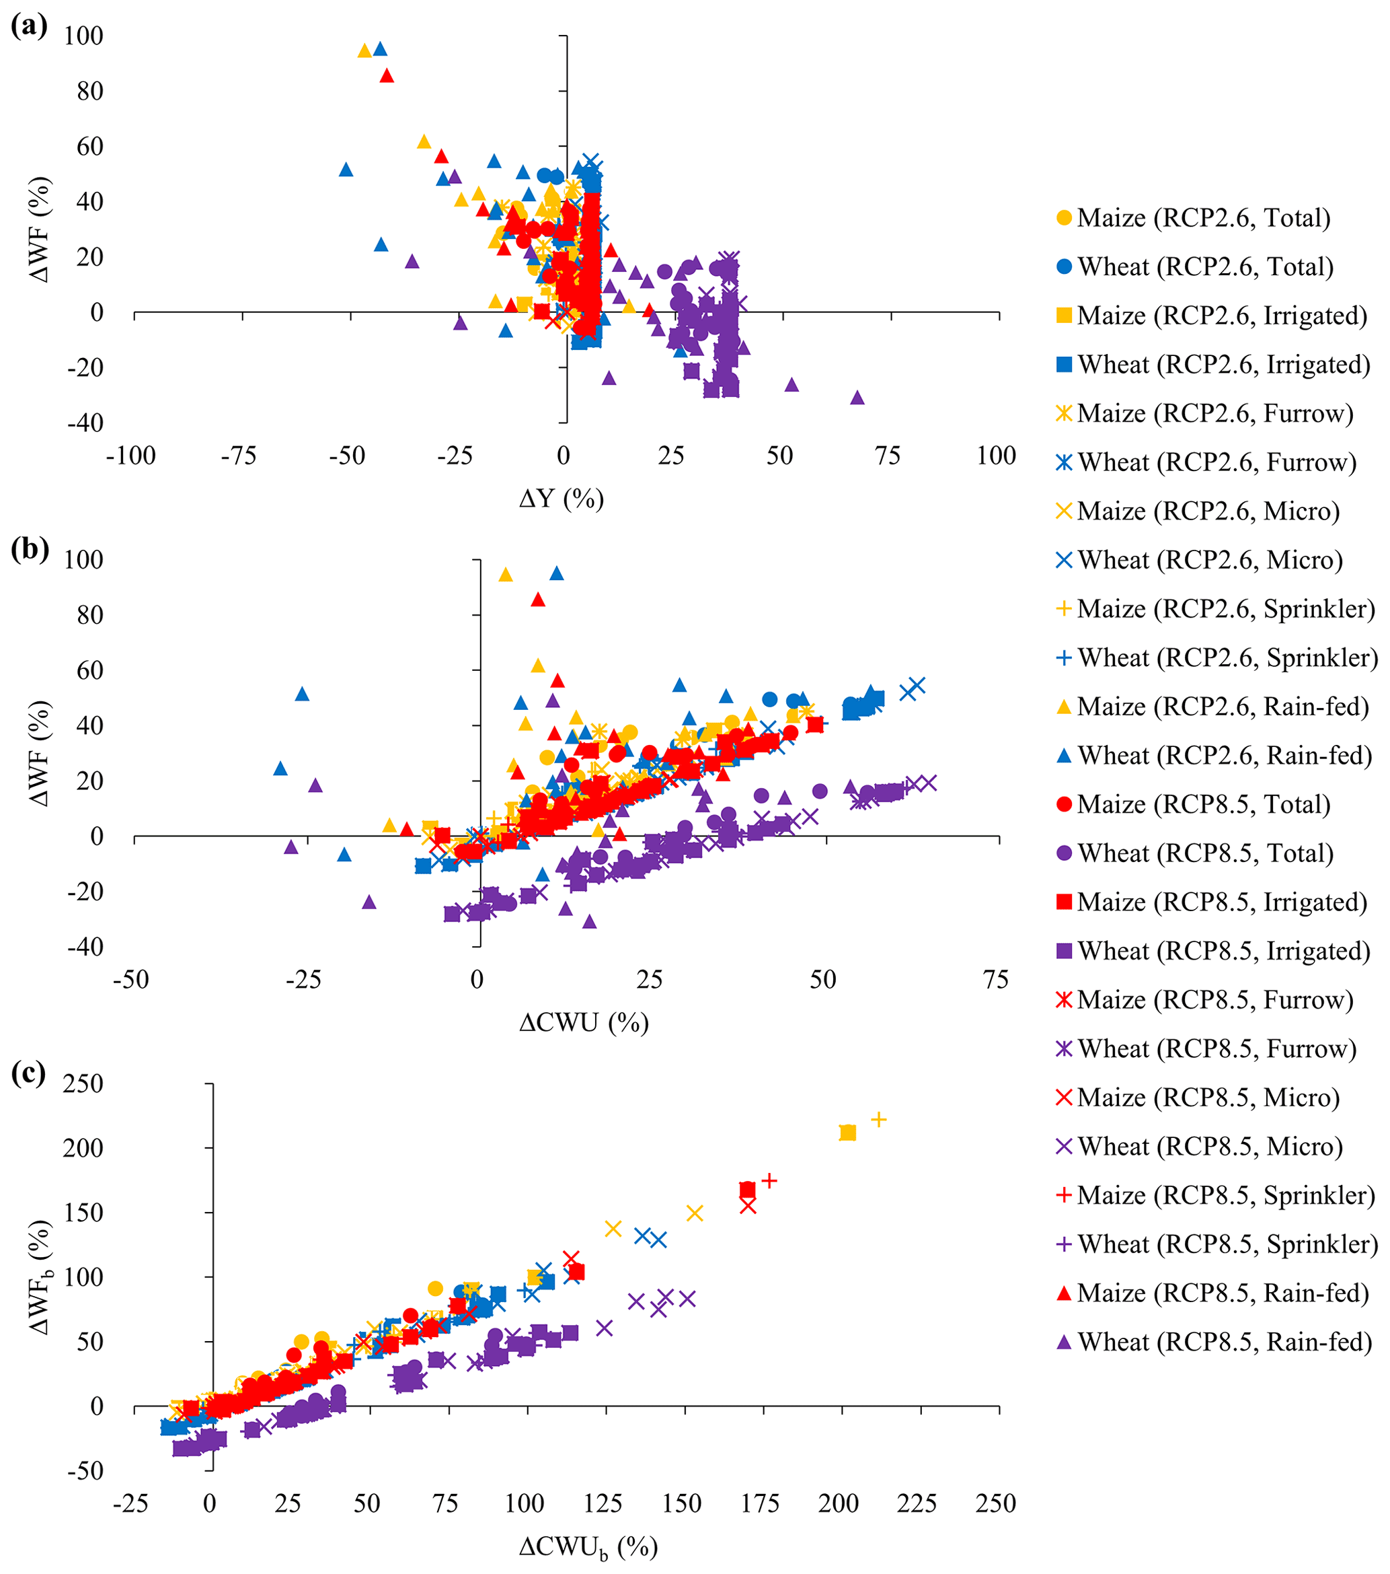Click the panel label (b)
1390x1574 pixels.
tap(29, 548)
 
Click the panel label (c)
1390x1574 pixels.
tap(28, 1072)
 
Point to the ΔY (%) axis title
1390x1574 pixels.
tap(561, 499)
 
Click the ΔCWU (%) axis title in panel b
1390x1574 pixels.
tap(584, 1023)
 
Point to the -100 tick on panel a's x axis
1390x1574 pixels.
tap(131, 456)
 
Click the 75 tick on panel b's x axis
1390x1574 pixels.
tap(995, 980)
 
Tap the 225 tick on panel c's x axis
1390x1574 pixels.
tap(916, 1503)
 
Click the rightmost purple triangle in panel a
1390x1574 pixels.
tap(857, 397)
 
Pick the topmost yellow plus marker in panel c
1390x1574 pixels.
tap(878, 1119)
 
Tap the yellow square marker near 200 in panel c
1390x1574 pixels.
tap(847, 1133)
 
